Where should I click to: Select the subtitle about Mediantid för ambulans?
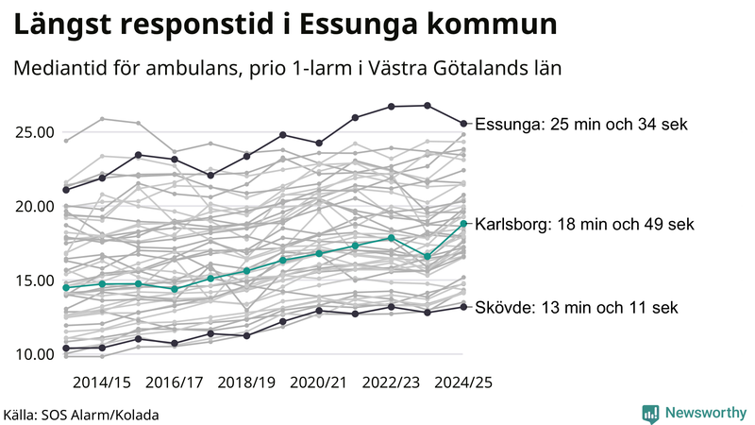pos(287,69)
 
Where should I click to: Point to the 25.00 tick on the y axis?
pos(33,132)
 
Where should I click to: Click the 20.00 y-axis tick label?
pos(33,206)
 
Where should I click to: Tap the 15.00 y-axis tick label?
pos(33,280)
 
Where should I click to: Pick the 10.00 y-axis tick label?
pos(33,354)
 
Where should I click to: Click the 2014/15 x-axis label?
pos(102,382)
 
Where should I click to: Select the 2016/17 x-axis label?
pos(175,382)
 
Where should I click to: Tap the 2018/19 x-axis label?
pos(246,382)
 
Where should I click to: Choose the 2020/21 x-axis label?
pos(319,382)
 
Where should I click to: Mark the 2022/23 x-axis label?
pos(391,382)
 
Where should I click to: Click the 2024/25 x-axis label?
pos(462,382)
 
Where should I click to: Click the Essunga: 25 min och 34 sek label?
pos(581,124)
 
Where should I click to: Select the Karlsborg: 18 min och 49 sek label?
pos(584,224)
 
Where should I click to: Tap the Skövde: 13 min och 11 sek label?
pos(576,307)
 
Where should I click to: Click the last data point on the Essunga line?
pos(463,123)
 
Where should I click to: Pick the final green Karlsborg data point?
pos(463,223)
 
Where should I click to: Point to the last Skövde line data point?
pos(463,306)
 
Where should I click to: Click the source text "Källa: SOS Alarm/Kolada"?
pos(81,414)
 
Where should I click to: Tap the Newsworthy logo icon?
pos(650,413)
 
